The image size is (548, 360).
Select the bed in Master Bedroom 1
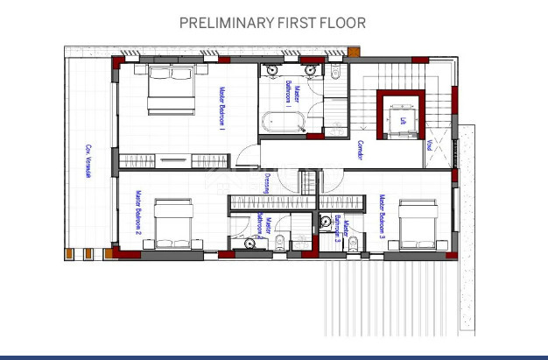[170, 89]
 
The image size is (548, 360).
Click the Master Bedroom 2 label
[138, 213]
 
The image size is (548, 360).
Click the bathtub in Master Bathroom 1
[283, 121]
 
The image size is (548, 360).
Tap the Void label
[429, 152]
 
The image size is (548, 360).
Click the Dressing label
[266, 183]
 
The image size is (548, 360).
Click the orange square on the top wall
[353, 53]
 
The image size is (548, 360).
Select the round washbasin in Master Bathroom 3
[326, 222]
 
